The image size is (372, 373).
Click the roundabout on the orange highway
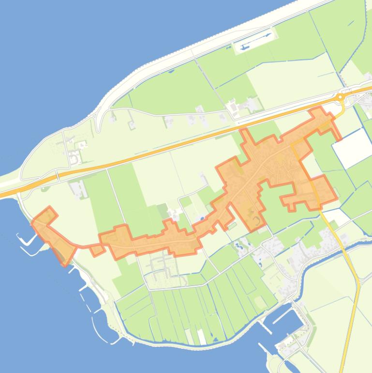tap(341, 97)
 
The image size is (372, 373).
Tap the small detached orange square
tap(97, 250)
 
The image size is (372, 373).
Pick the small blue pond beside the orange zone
tap(201, 219)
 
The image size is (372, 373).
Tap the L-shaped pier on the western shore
tap(24, 240)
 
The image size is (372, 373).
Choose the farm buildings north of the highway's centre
tap(242, 107)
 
